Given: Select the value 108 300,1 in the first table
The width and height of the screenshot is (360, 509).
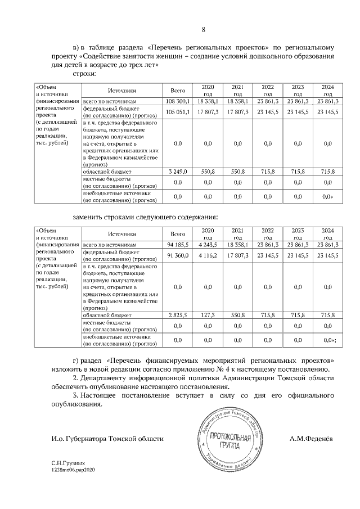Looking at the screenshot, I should (178, 101).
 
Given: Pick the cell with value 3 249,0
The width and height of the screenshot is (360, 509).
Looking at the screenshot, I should (178, 172).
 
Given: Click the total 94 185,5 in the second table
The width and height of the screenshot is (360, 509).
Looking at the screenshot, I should (178, 245).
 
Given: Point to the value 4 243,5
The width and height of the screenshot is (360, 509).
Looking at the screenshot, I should (208, 245).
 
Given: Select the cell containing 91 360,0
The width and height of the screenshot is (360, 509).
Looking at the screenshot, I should (178, 256).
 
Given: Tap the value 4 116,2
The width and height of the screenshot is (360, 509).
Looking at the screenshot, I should (208, 256).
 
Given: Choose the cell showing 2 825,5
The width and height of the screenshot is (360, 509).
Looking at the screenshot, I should (178, 316).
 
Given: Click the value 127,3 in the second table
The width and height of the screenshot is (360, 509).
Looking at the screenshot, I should (208, 316).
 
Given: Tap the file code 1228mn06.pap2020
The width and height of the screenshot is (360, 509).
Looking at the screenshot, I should (74, 469).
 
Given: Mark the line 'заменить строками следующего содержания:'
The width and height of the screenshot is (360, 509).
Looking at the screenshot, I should (146, 217).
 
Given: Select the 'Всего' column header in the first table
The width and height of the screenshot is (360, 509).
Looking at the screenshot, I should (178, 90).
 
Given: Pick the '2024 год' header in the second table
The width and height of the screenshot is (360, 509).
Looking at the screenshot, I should (327, 234).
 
